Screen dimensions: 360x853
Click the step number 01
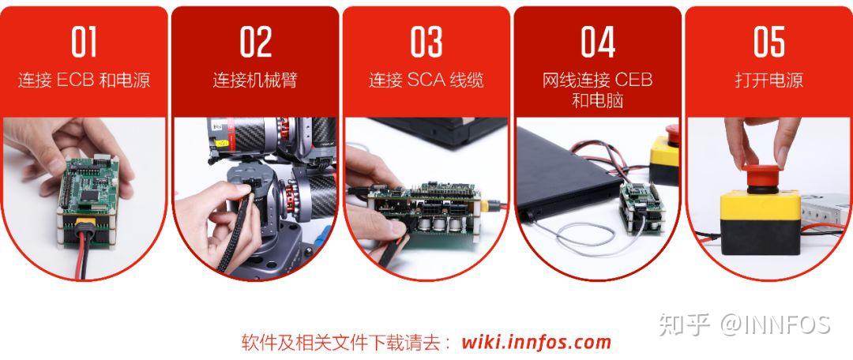(84, 43)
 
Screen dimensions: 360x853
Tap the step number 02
(255, 43)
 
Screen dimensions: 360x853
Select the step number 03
(426, 43)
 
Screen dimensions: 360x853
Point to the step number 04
(597, 43)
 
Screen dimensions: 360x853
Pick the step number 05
(768, 43)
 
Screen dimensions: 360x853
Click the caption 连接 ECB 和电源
(84, 81)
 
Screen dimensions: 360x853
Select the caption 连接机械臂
(255, 81)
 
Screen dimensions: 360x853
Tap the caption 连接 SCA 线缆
(426, 81)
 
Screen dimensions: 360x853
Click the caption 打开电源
(768, 81)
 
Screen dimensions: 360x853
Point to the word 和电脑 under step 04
(597, 100)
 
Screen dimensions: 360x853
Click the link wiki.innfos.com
(536, 342)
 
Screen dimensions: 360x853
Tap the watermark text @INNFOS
(774, 324)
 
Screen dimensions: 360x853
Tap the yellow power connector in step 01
(81, 231)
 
